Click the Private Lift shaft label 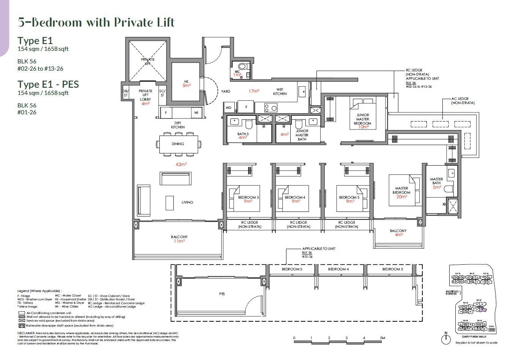tap(148, 62)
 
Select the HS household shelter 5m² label tap(186, 84)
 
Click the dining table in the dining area tap(178, 144)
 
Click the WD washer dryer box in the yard tap(228, 107)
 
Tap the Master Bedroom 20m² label tap(401, 193)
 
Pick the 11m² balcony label tap(179, 239)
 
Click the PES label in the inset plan tap(222, 294)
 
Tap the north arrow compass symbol tap(446, 338)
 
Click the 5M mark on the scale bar tap(382, 338)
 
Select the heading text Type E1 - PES tap(48, 84)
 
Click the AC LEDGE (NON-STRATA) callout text tap(463, 101)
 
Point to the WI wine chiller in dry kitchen tap(196, 113)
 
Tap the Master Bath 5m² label tap(436, 183)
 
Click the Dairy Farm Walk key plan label tap(474, 336)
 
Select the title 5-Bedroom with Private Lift tap(96, 22)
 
